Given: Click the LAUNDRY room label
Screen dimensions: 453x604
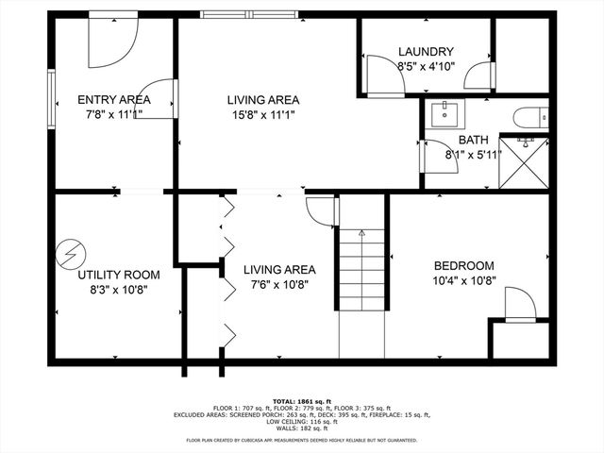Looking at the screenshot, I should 426,52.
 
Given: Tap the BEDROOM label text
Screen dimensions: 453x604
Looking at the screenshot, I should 463,266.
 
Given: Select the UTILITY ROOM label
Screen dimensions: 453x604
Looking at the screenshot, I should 118,275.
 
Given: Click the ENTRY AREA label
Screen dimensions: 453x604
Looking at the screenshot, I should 114,99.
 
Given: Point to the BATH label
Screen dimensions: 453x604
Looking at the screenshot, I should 474,140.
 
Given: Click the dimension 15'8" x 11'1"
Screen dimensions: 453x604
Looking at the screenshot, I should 263,115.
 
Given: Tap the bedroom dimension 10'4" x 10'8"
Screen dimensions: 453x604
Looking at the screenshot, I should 463,281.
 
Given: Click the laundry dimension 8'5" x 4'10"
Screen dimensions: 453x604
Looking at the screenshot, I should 426,67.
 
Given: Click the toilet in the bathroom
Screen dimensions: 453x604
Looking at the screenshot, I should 529,117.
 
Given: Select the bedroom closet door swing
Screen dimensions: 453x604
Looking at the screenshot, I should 520,306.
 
